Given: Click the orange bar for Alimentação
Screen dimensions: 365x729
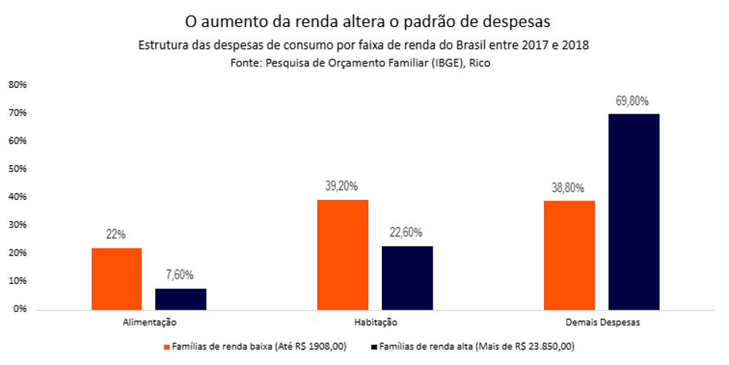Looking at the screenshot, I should [x=116, y=279].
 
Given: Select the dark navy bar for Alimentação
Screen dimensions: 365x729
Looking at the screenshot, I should [x=181, y=299].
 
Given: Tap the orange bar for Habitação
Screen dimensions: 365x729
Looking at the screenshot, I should [x=343, y=255].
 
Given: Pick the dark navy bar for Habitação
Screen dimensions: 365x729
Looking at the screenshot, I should [x=407, y=278].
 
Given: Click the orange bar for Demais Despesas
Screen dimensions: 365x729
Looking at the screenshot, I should [x=570, y=255].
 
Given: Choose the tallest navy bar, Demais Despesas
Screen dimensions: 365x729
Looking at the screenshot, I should [x=634, y=211].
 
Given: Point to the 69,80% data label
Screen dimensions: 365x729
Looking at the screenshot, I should [x=633, y=101].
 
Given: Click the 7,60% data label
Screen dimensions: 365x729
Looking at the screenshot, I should [x=180, y=275].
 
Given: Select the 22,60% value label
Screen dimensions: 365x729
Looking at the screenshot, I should [x=407, y=232].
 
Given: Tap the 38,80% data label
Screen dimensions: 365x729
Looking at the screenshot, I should [x=569, y=188].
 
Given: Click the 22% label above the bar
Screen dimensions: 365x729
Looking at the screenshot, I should [x=116, y=235].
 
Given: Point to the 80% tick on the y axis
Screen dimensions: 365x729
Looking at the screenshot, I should [x=18, y=85].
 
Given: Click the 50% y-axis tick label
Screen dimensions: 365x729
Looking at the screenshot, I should [x=18, y=169].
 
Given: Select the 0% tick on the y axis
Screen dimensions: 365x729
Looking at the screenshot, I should [x=20, y=309].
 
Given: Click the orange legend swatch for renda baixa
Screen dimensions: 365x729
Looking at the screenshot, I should [x=167, y=346].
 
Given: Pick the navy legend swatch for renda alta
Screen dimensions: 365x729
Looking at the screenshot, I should [x=376, y=346].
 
